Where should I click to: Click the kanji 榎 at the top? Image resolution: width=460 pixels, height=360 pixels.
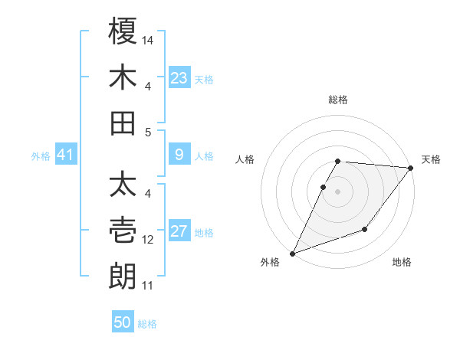[123, 34]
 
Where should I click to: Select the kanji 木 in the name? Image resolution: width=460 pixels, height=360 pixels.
[123, 78]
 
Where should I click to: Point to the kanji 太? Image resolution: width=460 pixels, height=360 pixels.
[123, 186]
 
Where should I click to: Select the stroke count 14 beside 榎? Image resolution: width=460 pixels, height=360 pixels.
[149, 39]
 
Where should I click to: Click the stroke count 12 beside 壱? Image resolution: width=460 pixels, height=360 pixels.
[149, 240]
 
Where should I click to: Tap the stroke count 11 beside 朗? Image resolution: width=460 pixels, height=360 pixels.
[148, 286]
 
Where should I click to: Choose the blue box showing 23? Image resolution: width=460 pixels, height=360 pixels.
[179, 78]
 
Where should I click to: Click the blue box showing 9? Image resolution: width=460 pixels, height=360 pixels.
[179, 155]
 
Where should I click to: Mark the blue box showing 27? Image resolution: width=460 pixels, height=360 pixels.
[179, 232]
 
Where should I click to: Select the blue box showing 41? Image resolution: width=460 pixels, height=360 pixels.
[65, 155]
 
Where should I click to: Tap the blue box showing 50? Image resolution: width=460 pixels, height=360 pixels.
[122, 322]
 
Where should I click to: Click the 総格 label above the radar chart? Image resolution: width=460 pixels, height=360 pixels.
[338, 100]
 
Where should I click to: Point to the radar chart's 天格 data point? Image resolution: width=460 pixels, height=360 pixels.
[412, 169]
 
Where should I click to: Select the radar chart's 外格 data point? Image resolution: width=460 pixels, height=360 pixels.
[292, 254]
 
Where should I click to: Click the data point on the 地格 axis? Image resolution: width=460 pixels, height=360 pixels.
[365, 229]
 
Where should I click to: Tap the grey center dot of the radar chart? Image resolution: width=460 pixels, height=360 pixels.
[338, 192]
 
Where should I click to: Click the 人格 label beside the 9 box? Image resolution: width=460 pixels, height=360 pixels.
[204, 156]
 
